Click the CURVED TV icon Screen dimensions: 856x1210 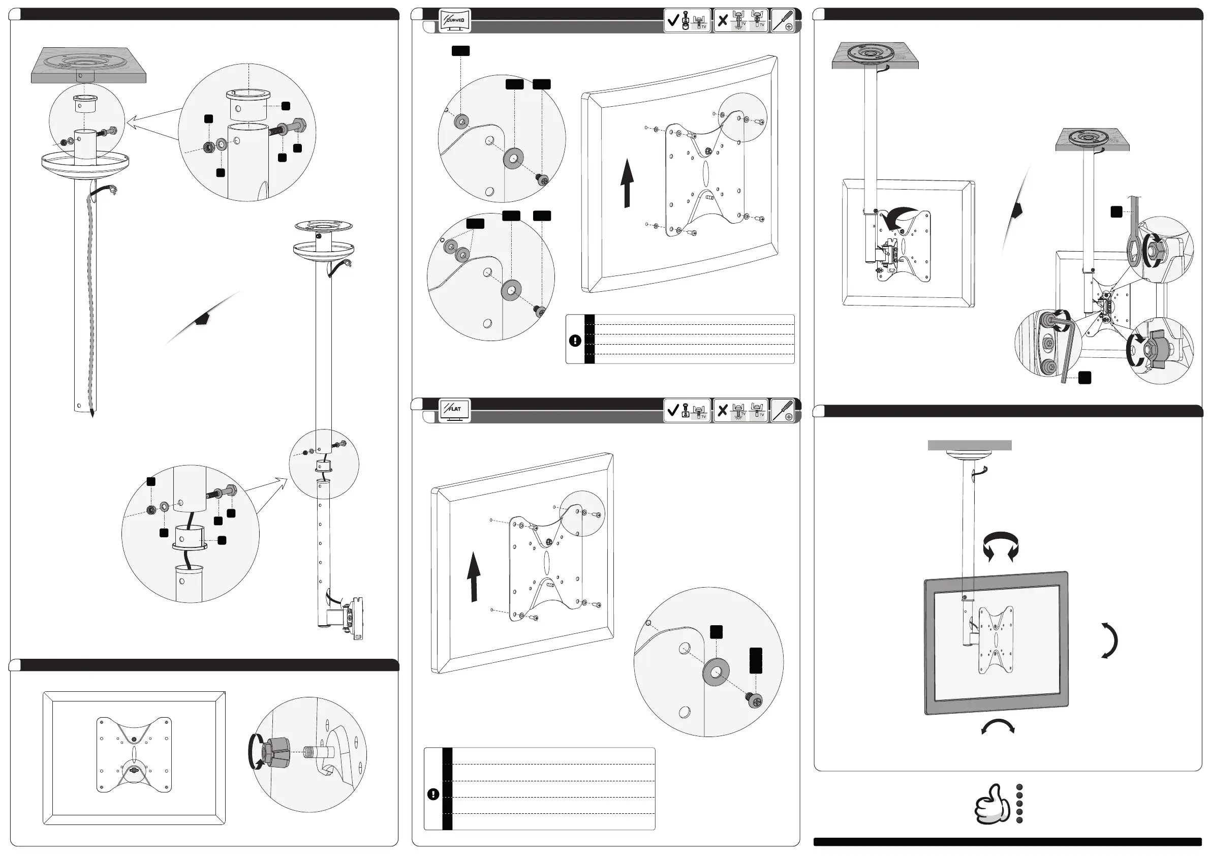pyautogui.click(x=454, y=20)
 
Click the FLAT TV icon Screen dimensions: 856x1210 pyautogui.click(x=454, y=410)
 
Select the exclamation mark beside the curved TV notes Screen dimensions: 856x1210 pyautogui.click(x=575, y=341)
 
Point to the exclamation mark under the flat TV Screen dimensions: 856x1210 pyautogui.click(x=433, y=794)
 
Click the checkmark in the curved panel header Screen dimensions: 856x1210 pyautogui.click(x=672, y=20)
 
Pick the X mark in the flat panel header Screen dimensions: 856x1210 pyautogui.click(x=723, y=410)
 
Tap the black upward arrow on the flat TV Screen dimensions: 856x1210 pyautogui.click(x=474, y=576)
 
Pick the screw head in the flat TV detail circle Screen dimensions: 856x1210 pyautogui.click(x=755, y=701)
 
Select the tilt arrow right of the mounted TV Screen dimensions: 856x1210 pyautogui.click(x=1110, y=640)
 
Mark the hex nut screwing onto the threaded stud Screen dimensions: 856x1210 pyautogui.click(x=275, y=753)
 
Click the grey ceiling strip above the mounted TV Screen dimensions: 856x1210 pyautogui.click(x=970, y=445)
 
